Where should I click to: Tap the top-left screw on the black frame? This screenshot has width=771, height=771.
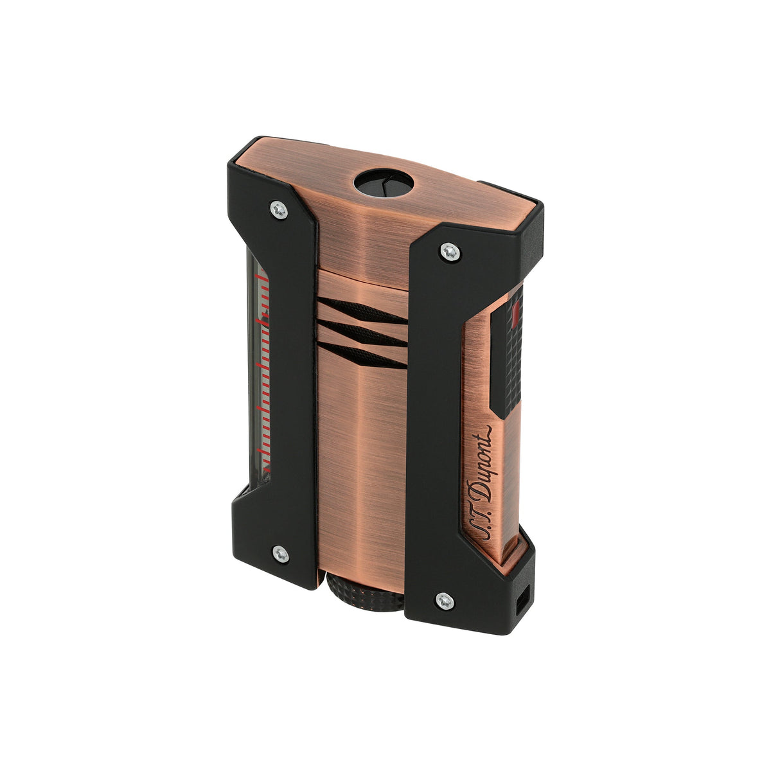278,208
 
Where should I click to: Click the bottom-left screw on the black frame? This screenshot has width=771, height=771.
279,552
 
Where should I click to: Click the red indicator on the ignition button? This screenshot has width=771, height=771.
518,313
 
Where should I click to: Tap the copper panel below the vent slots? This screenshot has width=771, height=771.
360,463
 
